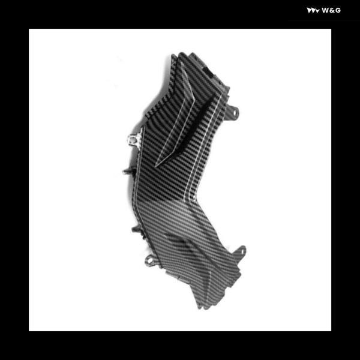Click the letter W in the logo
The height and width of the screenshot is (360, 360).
pyautogui.click(x=325, y=11)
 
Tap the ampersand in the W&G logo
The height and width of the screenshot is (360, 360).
pyautogui.click(x=332, y=11)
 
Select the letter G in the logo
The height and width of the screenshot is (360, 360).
pyautogui.click(x=337, y=11)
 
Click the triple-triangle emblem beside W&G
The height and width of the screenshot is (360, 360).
pyautogui.click(x=313, y=11)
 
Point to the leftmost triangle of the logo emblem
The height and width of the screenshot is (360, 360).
pyautogui.click(x=309, y=11)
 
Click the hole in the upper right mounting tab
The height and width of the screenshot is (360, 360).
pyautogui.click(x=235, y=113)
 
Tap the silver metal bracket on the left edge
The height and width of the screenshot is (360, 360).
pyautogui.click(x=134, y=139)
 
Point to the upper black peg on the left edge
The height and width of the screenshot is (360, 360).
pyautogui.click(x=128, y=171)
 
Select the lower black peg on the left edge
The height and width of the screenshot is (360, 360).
pyautogui.click(x=136, y=229)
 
